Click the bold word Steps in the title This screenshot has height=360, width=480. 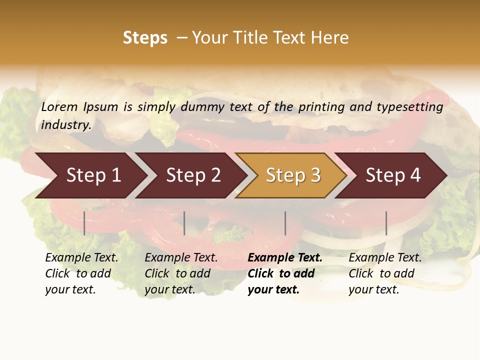coord(145,38)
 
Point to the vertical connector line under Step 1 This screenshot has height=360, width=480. coord(84,223)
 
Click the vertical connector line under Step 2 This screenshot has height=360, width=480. coord(184,223)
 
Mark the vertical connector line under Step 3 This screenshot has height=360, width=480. coord(285,223)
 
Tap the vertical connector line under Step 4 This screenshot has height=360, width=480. coord(386,223)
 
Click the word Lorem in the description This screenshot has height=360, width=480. coord(59,107)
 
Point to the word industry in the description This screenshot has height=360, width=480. coord(65,125)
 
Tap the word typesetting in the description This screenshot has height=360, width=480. coord(409,107)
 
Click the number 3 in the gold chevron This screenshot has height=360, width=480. coord(315,175)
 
